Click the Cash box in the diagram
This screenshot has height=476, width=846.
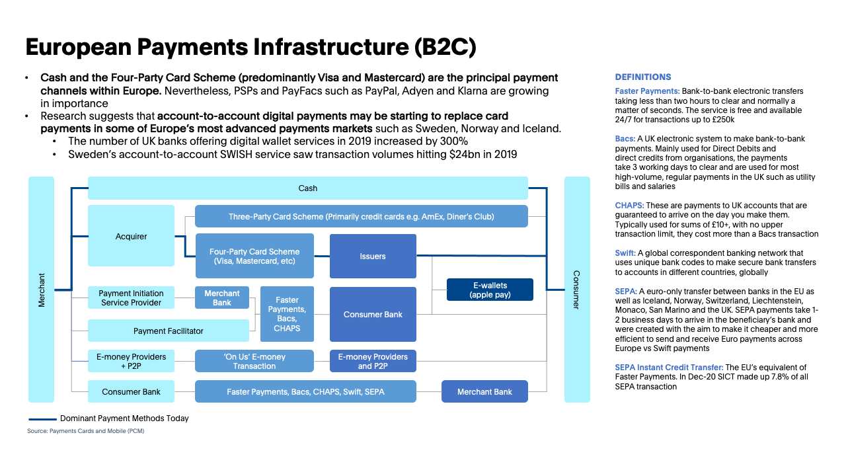[307, 188]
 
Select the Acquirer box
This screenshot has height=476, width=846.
[131, 236]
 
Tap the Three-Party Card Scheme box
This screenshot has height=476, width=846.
[361, 216]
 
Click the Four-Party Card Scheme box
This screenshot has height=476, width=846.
[254, 256]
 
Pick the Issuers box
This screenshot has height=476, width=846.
[373, 256]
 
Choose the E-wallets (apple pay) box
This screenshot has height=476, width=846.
[490, 290]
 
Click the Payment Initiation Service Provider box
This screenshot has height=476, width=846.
[131, 297]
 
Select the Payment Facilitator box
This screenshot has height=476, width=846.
[168, 331]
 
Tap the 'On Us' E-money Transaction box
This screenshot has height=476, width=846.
[254, 361]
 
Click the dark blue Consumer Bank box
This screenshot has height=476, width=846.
[373, 314]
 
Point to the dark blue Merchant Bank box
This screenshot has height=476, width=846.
[484, 391]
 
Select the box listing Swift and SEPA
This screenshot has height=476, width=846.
[305, 391]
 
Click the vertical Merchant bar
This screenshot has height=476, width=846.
[42, 290]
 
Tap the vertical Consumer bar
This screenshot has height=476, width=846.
[576, 290]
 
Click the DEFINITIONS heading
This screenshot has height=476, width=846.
[642, 77]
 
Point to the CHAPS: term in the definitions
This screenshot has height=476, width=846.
[629, 206]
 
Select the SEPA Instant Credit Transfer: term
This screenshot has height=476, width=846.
[669, 368]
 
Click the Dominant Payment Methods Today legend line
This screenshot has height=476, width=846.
[42, 418]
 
